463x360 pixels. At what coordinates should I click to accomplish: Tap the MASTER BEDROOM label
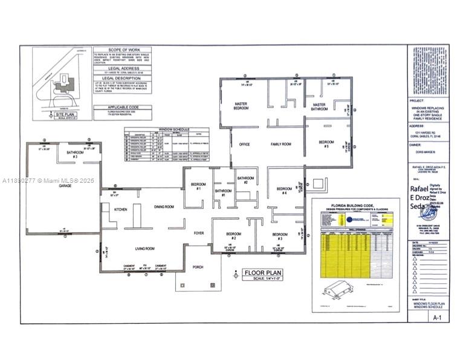point(241,107)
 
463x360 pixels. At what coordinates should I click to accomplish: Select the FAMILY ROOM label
point(280,144)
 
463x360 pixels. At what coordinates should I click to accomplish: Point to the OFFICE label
point(244,144)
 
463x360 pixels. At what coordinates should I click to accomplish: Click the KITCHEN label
point(121,209)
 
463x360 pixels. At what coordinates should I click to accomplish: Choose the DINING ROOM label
point(164,207)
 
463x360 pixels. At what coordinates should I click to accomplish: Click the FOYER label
point(199,232)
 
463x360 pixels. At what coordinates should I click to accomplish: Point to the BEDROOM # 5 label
point(326,144)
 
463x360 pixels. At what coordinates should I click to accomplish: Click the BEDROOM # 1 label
point(199,186)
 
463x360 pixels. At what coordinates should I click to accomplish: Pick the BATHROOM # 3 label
point(75,154)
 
